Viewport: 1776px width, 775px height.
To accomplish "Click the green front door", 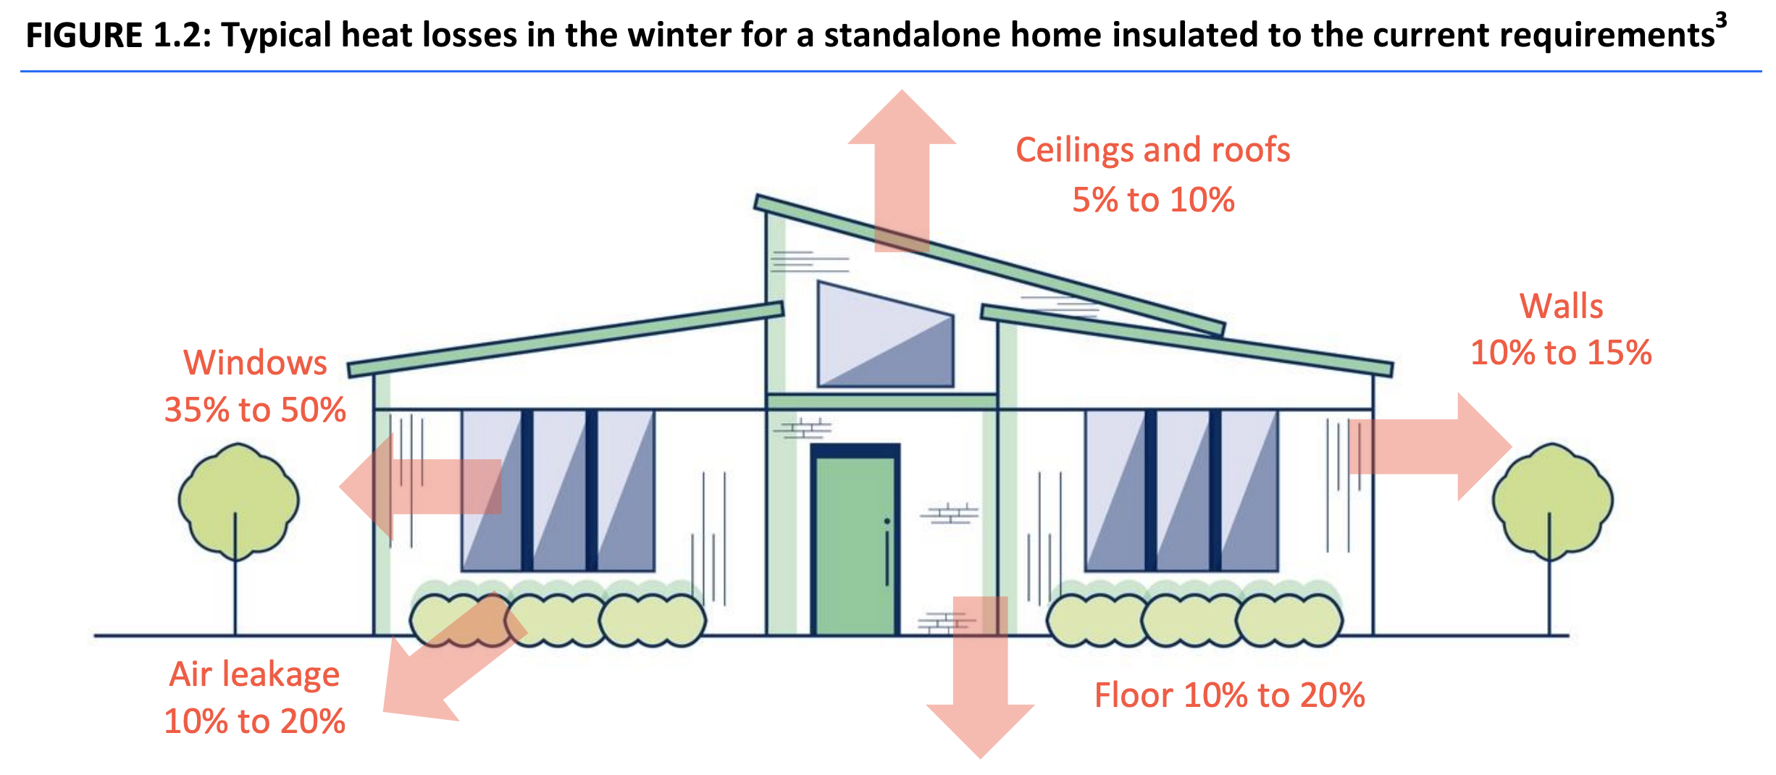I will coord(855,543).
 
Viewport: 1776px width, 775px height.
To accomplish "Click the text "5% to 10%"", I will coord(1153,200).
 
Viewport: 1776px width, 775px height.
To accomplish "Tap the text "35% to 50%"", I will coord(255,410).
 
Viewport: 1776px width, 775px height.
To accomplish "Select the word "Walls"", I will coord(1561,306).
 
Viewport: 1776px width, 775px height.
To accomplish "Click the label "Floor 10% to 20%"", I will coord(1229,695).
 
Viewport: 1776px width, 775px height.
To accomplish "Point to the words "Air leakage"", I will coord(254,674).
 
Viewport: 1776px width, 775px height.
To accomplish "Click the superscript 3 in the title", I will coord(1721,20).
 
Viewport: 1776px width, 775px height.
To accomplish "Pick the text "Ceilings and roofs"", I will coord(1152,150).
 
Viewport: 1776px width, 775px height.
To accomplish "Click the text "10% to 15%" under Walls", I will coord(1561,353).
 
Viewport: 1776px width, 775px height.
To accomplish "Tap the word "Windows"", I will coord(255,363).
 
